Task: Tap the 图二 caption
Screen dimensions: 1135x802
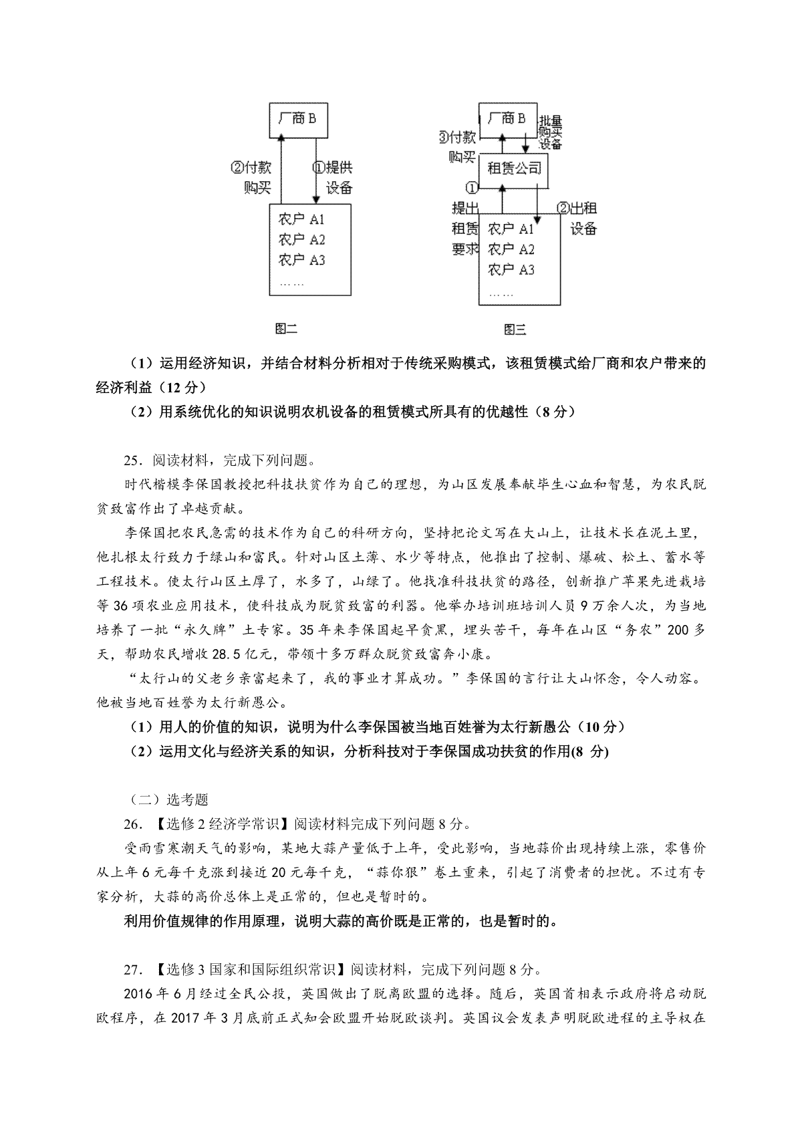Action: pyautogui.click(x=286, y=328)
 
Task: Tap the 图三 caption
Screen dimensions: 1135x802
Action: pyautogui.click(x=515, y=329)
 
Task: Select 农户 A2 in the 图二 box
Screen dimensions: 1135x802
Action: pyautogui.click(x=301, y=239)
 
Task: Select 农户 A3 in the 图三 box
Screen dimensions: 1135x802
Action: pyautogui.click(x=511, y=269)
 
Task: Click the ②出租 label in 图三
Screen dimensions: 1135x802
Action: pyautogui.click(x=577, y=208)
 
